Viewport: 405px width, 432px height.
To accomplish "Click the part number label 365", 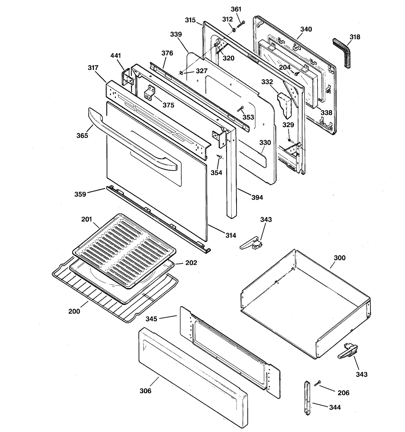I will coord(82,136).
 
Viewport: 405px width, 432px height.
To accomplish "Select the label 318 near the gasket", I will coord(355,37).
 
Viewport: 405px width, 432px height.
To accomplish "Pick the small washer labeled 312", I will coord(234,30).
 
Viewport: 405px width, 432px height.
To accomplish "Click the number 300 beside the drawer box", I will coord(339,258).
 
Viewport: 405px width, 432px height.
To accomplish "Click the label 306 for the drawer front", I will coord(146,391).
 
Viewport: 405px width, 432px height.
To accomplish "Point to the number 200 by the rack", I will coord(74,311).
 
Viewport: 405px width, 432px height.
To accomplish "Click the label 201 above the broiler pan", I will coord(87,219).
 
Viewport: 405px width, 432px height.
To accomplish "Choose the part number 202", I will coord(191,263).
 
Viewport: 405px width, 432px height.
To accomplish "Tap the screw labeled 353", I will coord(240,109).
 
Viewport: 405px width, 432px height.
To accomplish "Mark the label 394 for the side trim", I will coord(257,198).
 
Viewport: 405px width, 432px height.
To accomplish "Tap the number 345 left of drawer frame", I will coord(151,319).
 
